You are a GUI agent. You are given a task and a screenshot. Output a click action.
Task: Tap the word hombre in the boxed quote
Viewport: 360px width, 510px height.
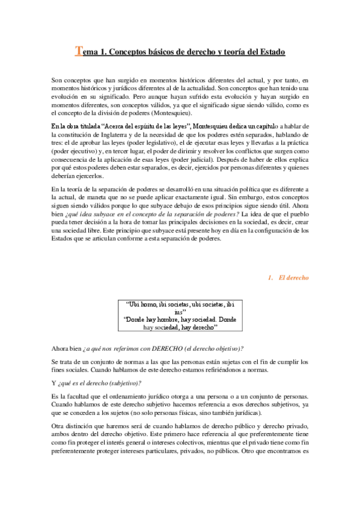pyautogui.click(x=166, y=321)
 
